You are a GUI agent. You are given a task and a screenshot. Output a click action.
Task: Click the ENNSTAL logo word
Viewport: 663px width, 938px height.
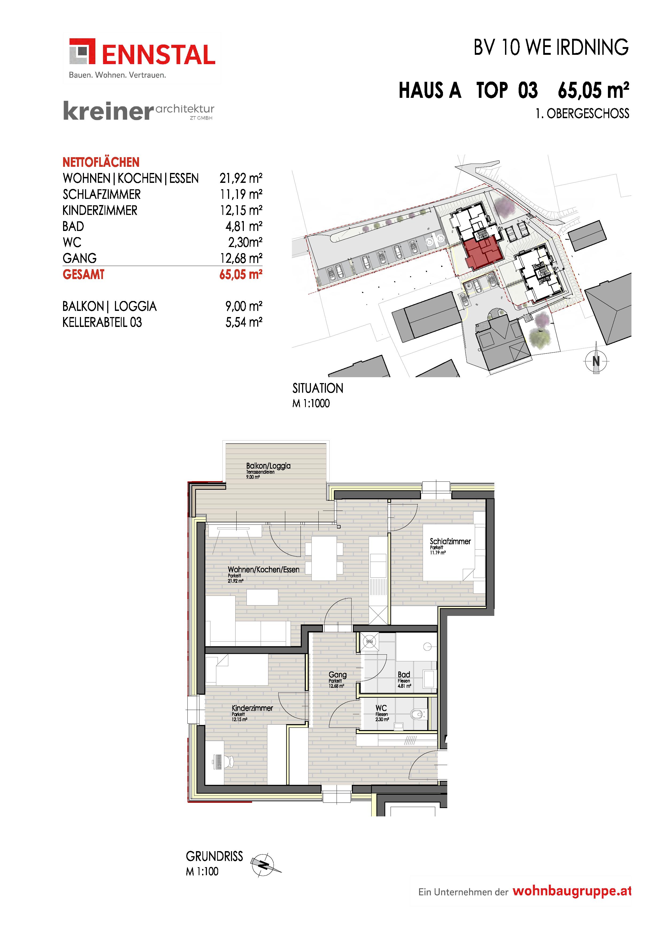[159, 55]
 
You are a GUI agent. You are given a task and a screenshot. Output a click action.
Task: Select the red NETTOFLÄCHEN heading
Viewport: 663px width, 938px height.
[101, 162]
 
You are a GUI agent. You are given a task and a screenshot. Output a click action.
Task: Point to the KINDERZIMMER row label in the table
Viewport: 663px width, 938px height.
[100, 210]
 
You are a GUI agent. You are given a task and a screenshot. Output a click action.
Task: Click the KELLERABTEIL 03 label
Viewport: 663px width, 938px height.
[102, 322]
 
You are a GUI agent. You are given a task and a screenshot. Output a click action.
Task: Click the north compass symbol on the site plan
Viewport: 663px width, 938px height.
[596, 360]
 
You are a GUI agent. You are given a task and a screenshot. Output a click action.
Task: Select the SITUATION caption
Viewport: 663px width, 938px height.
[318, 388]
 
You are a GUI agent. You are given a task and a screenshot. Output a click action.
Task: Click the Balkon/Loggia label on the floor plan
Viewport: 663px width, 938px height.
[268, 466]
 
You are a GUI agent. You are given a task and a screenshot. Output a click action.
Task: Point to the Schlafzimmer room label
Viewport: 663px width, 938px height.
[450, 541]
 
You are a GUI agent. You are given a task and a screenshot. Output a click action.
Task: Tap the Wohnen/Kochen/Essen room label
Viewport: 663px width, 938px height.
[264, 569]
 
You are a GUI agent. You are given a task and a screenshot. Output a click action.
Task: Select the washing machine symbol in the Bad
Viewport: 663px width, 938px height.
[369, 642]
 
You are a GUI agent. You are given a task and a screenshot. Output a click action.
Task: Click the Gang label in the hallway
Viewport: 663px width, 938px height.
[337, 675]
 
